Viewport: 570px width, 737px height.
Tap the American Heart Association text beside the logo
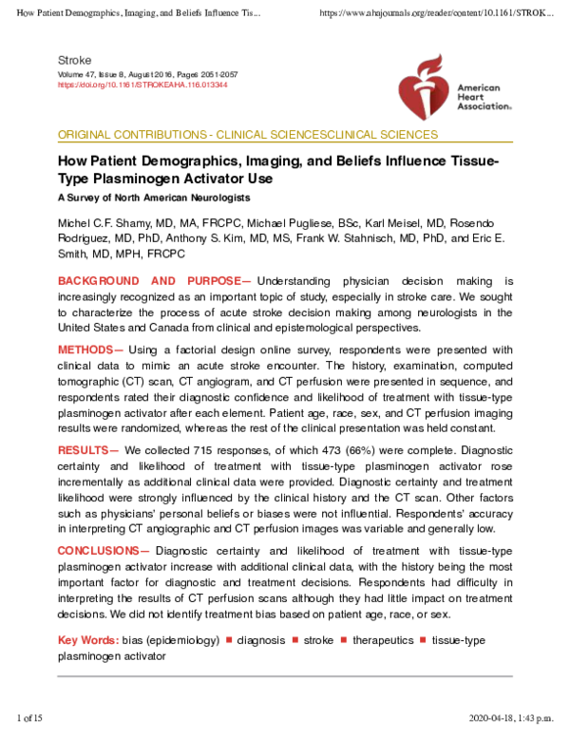click(484, 98)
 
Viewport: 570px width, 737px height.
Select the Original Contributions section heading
click(248, 135)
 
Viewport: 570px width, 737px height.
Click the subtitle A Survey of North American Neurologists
click(154, 198)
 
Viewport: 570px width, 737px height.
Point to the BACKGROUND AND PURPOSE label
click(154, 282)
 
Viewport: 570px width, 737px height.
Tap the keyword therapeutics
click(383, 640)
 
